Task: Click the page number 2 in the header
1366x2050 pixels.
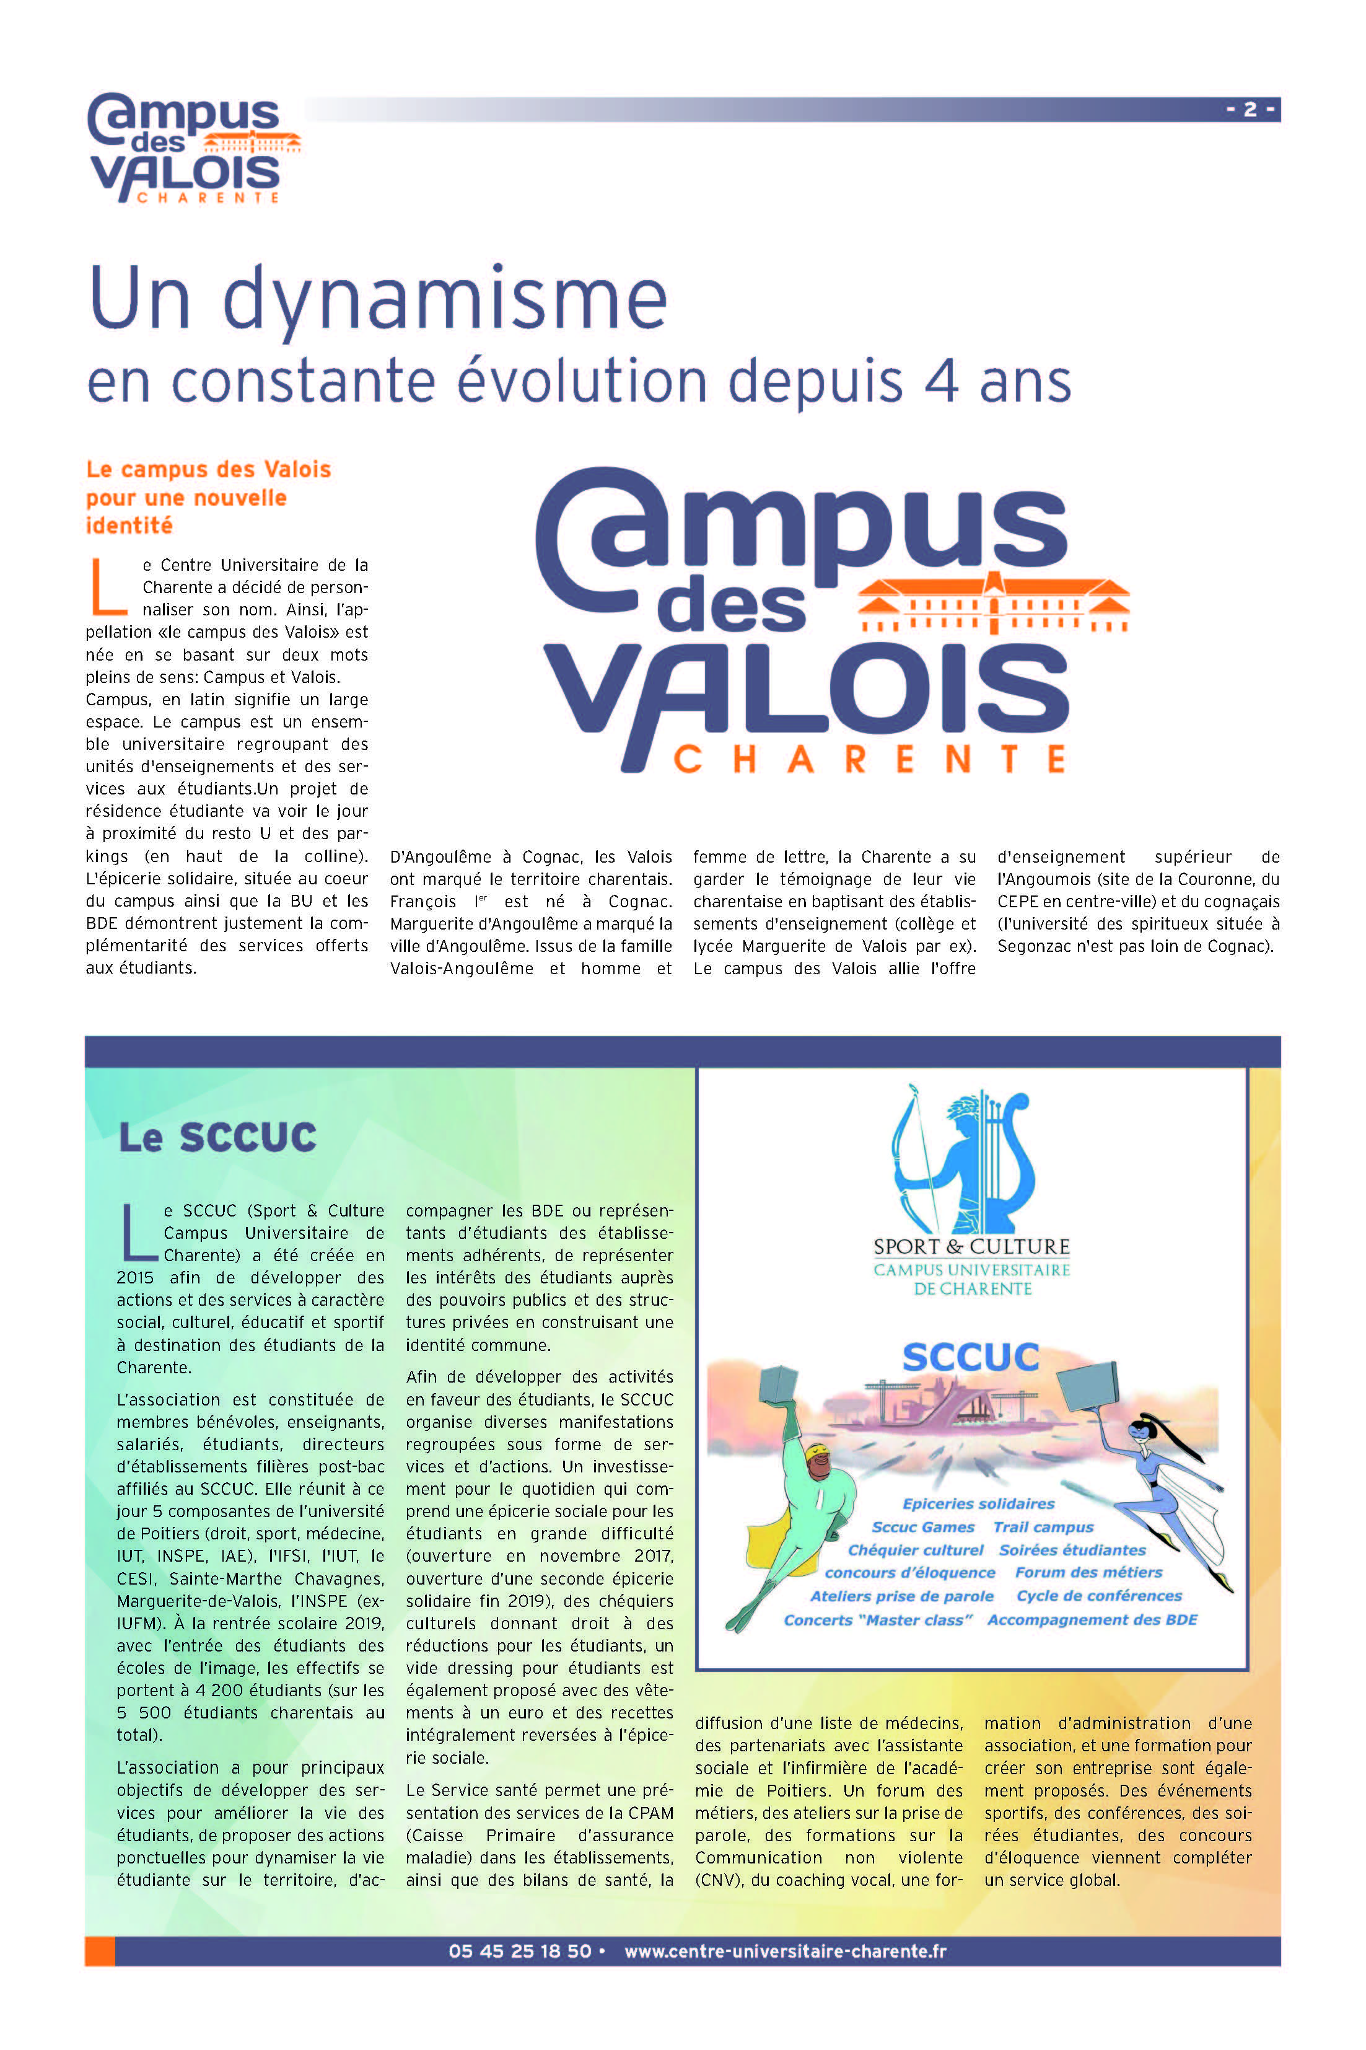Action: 1250,109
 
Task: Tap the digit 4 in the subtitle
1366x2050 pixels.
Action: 941,382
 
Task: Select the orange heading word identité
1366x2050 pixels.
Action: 129,526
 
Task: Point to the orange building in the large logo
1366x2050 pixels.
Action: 993,603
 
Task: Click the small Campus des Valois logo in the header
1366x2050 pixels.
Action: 193,148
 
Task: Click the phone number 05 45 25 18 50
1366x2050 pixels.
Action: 519,1951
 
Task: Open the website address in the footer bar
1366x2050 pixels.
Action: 785,1951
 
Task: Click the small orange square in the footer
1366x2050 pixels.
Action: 100,1951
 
